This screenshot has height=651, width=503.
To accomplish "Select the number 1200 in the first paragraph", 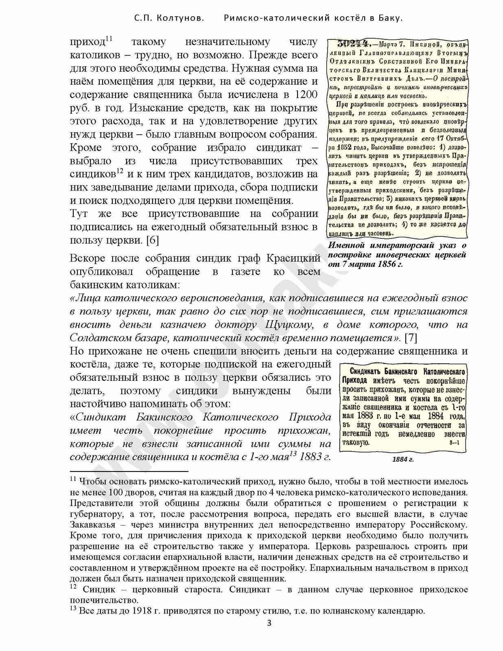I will pyautogui.click(x=305, y=95).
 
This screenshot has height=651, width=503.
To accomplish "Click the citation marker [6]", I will pyautogui.click(x=152, y=240).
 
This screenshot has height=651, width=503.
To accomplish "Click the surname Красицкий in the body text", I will pyautogui.click(x=293, y=258).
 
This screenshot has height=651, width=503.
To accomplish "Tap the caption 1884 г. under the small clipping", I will pyautogui.click(x=403, y=459).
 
